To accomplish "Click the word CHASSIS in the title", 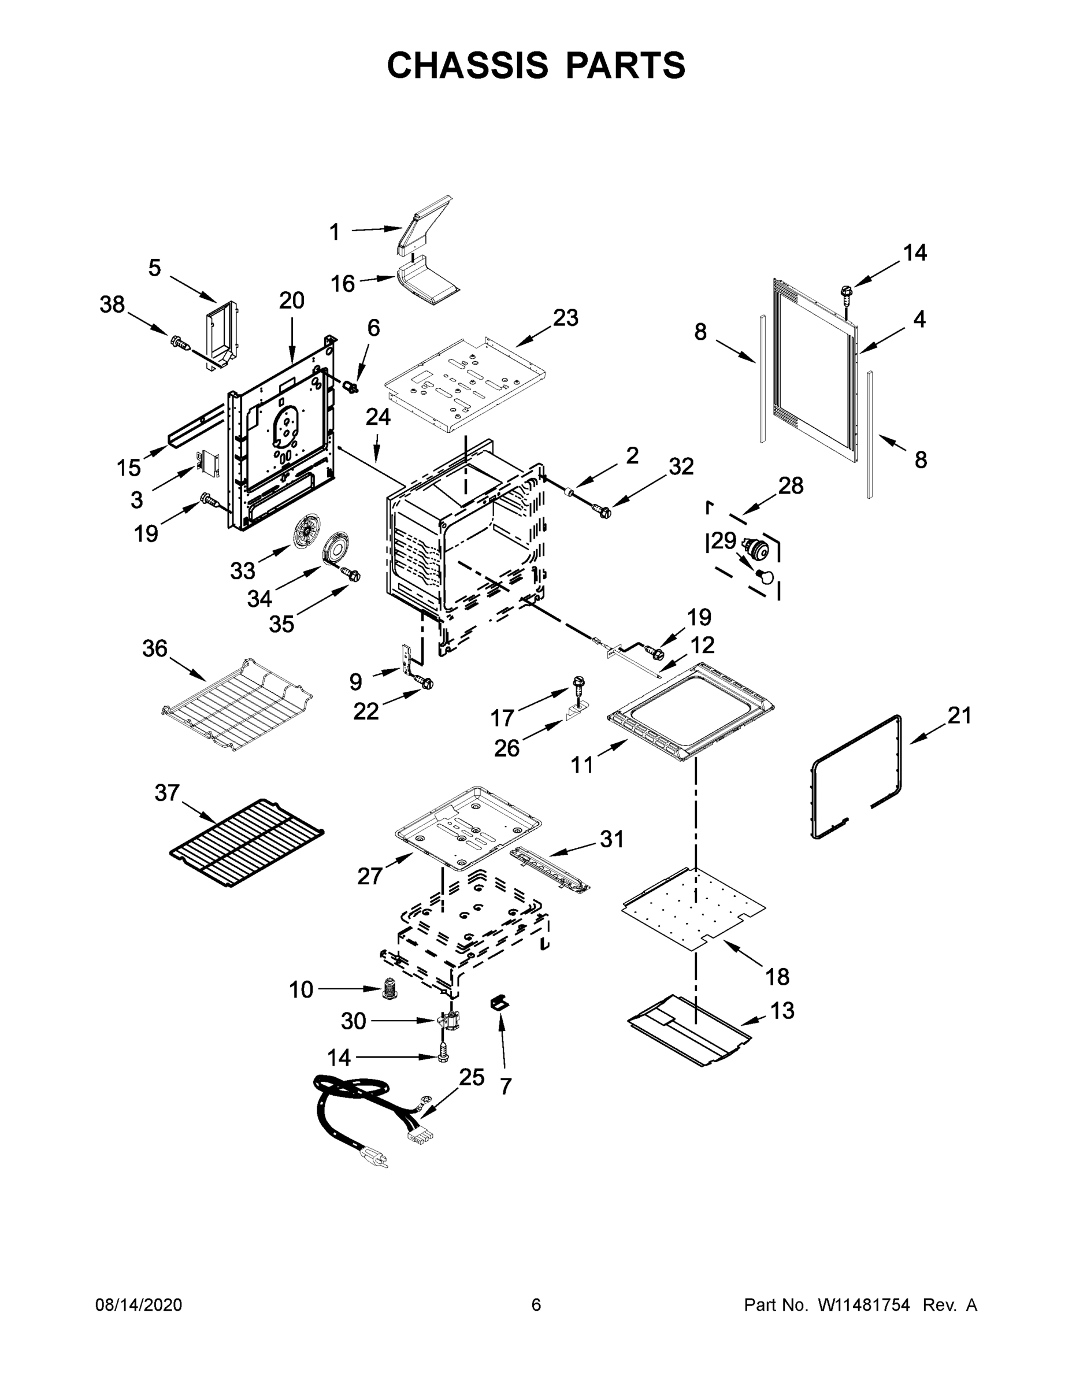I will point(468,65).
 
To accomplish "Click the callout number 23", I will point(565,317).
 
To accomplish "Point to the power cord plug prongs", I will point(376,1160).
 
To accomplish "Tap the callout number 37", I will point(167,793).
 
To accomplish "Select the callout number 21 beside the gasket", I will point(959,715).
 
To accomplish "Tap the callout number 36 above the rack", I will point(154,648).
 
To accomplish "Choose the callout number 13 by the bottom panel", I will point(782,1010).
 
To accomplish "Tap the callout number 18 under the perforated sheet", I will point(777,976).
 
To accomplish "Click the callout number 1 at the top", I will point(334,232).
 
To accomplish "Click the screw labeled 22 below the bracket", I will point(425,682).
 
